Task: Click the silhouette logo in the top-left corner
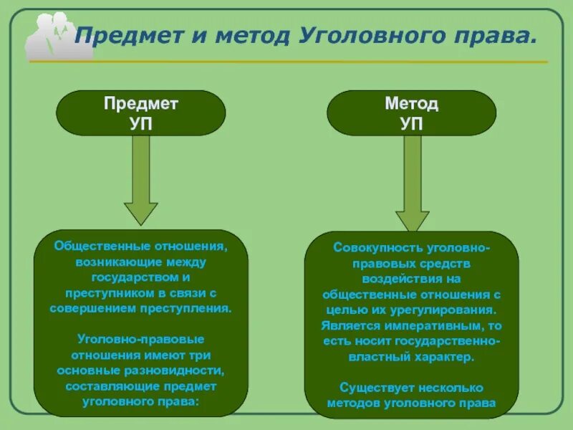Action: [x=50, y=36]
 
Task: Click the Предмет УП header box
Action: [x=141, y=113]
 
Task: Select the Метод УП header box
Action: [x=411, y=113]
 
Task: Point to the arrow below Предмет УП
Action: [x=141, y=183]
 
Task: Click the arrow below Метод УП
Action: [x=412, y=186]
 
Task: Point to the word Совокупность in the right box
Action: [x=377, y=248]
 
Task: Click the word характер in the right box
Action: [x=448, y=355]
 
